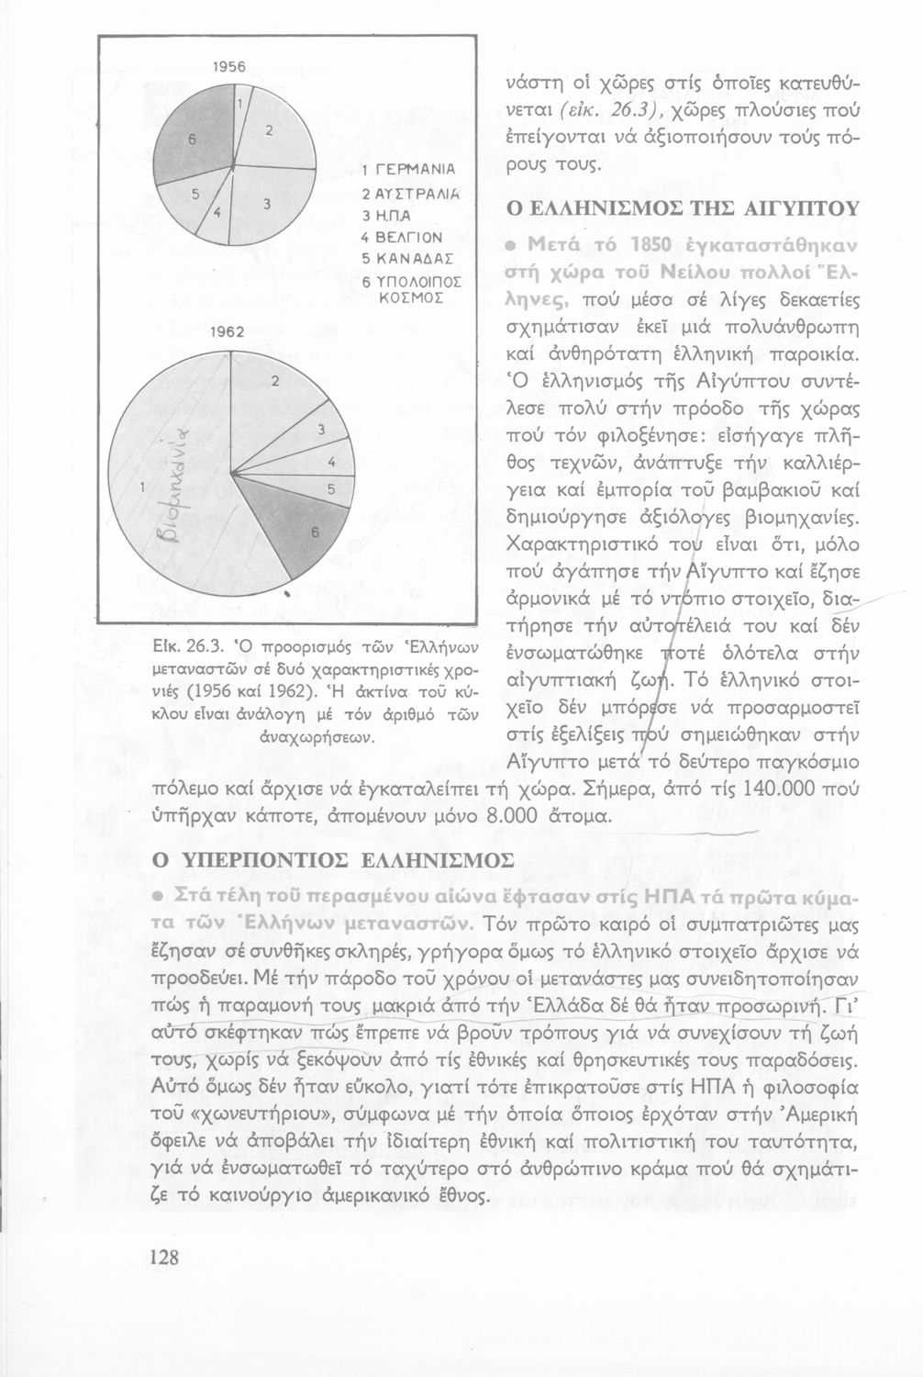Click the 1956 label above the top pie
[227, 67]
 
